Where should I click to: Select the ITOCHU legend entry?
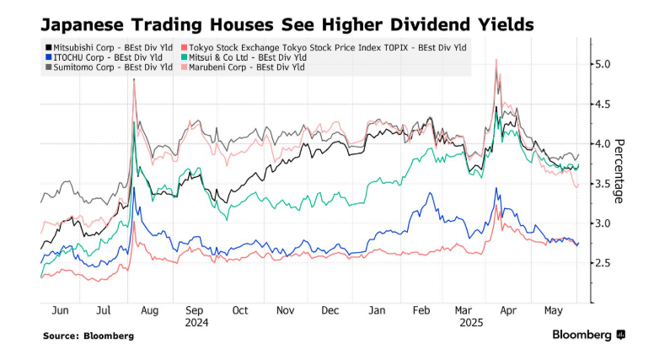[x=93, y=56]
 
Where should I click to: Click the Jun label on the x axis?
[x=60, y=309]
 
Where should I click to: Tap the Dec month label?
[x=330, y=309]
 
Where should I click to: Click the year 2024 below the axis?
[x=196, y=321]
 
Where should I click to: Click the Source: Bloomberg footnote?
[x=88, y=336]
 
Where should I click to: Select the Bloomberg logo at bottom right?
[x=588, y=336]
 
